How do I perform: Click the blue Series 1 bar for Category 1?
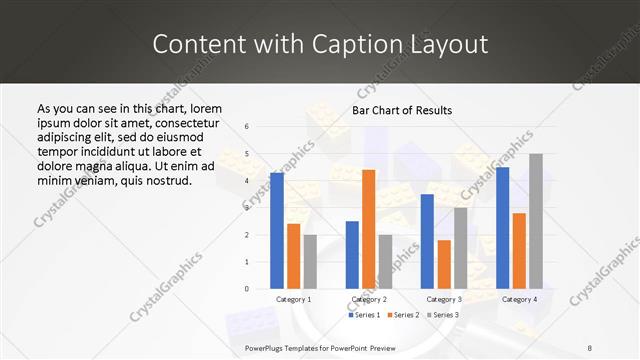277,231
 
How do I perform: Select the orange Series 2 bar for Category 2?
368,229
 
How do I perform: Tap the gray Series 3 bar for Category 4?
535,221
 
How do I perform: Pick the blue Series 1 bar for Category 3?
427,241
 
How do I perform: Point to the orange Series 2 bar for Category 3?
444,264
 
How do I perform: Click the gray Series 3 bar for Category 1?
310,262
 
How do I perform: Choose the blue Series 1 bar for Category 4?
502,228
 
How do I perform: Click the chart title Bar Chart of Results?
402,110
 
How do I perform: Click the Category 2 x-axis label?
368,299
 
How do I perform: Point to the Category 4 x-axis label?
519,299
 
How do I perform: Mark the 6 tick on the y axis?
247,127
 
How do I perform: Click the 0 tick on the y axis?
247,289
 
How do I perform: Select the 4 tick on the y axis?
247,181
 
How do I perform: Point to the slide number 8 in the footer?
590,347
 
